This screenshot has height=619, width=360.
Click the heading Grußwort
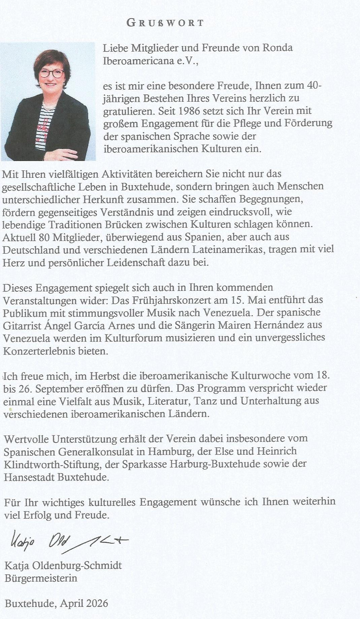165,23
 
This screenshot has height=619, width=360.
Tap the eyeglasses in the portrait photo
52,73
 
